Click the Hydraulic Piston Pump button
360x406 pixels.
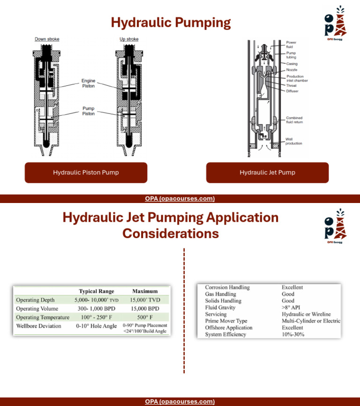point(86,173)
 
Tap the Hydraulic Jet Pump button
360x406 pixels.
point(267,173)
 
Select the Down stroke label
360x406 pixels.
point(47,39)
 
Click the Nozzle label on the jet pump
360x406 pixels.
point(292,70)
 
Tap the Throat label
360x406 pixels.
point(292,86)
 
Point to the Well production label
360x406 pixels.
point(294,141)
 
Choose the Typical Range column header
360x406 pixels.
point(96,291)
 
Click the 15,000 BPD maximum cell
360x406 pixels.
point(145,308)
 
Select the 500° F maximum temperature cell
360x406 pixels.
point(145,317)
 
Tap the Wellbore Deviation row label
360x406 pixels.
point(38,326)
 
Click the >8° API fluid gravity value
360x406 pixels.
point(292,308)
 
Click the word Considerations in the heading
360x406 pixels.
point(171,233)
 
